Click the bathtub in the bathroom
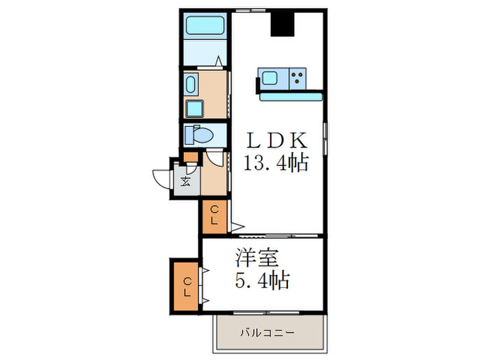click(206, 26)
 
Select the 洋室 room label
click(257, 259)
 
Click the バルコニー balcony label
click(267, 333)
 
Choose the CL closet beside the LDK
click(215, 216)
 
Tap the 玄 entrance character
click(186, 182)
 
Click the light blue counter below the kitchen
click(291, 97)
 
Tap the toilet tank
click(189, 134)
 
